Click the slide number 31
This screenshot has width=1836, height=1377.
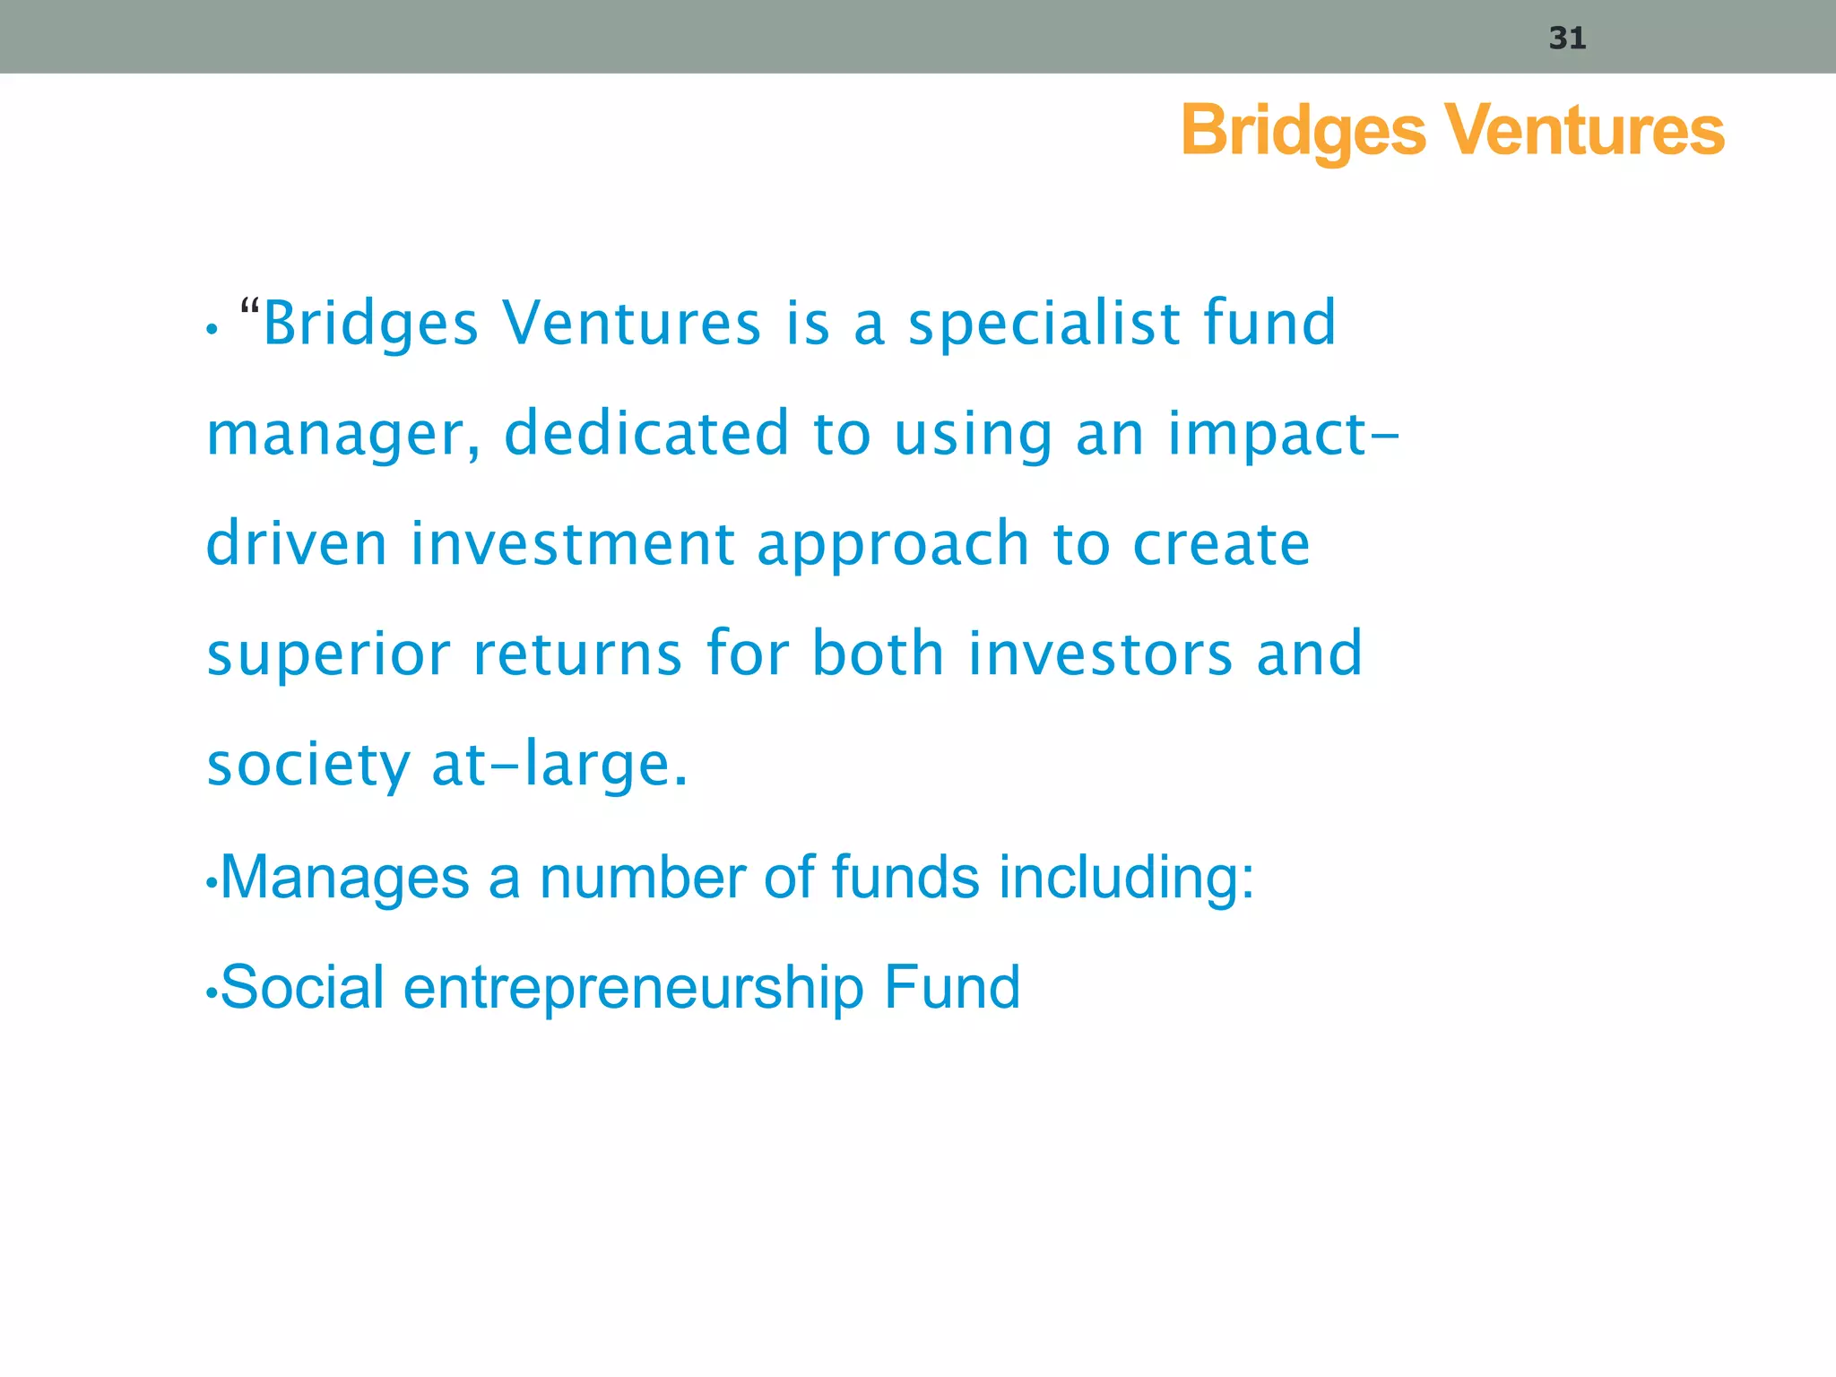tap(1567, 39)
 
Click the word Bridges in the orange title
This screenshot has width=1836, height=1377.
tap(1303, 131)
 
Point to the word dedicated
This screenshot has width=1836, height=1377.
tap(646, 433)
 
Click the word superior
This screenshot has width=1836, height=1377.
tap(328, 654)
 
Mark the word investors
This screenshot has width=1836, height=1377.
tap(1101, 654)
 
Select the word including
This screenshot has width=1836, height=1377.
tap(1126, 878)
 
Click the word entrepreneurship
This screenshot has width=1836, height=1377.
tap(634, 989)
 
